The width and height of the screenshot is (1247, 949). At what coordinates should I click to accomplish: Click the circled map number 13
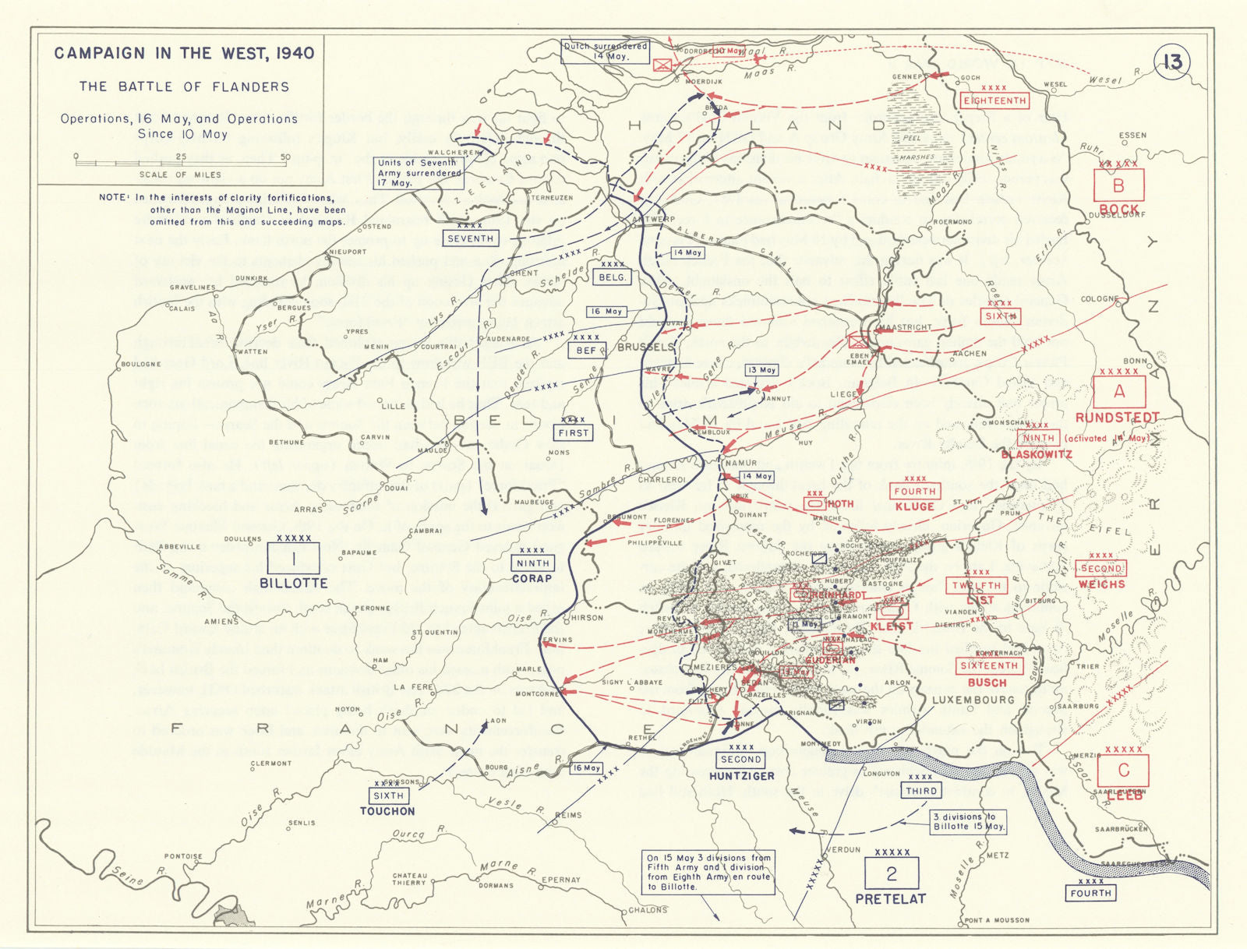click(x=1172, y=62)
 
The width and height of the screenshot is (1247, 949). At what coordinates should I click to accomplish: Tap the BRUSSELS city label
click(x=645, y=347)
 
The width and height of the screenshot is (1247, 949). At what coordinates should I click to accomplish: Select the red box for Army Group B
click(x=1118, y=186)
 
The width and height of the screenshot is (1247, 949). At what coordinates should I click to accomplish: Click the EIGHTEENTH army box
click(x=995, y=101)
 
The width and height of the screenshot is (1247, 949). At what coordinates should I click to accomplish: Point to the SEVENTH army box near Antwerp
click(x=471, y=238)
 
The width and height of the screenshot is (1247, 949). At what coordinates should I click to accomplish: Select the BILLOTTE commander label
click(x=294, y=583)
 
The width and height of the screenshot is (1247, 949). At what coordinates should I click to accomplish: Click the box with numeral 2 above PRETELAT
click(x=892, y=874)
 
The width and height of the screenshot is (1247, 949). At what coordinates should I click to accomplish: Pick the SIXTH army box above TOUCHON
click(x=388, y=796)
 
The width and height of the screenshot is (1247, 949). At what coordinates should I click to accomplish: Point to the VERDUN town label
click(x=843, y=849)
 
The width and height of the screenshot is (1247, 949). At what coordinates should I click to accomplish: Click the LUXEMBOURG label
click(x=973, y=700)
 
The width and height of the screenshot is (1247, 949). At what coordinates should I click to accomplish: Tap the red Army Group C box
click(x=1123, y=771)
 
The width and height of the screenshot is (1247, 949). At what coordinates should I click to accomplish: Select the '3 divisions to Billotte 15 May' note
click(x=969, y=821)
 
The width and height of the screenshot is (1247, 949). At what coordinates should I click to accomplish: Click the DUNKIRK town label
click(x=251, y=278)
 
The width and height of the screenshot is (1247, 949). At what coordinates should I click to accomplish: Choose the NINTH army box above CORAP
click(x=533, y=563)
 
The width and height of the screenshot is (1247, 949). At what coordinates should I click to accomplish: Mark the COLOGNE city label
click(x=1100, y=299)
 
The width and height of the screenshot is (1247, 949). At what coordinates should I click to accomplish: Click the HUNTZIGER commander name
click(x=741, y=776)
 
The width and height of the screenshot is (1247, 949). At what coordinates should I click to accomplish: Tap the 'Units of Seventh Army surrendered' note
click(x=419, y=173)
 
